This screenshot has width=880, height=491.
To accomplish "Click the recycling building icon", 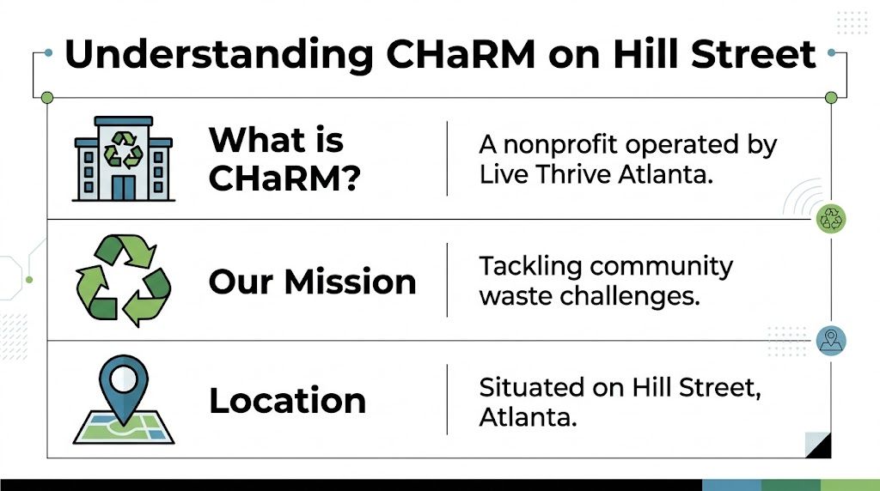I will (124, 159).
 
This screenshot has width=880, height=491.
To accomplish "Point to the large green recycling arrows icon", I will (124, 281).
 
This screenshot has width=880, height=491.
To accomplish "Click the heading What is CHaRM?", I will (283, 159).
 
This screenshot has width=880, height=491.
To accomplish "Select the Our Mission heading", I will (312, 282).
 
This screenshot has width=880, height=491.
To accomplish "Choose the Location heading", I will (287, 401).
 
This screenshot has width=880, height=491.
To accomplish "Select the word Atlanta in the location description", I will (526, 418).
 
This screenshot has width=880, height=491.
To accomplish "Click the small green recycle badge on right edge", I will (831, 219).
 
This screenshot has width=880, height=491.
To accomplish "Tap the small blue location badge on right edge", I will (831, 341).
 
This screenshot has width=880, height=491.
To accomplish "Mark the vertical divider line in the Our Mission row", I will (447, 280).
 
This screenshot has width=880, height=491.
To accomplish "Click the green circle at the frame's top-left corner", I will (47, 97).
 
